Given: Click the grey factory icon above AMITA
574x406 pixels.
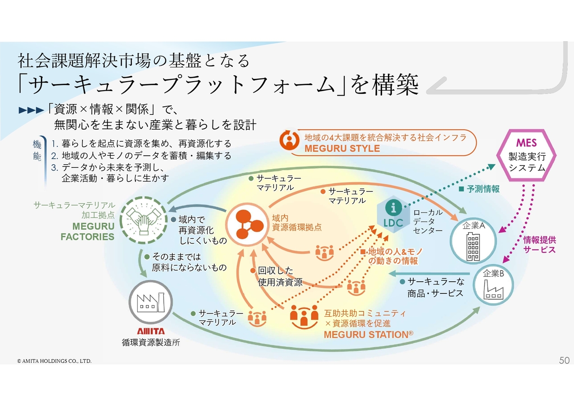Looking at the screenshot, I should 148,301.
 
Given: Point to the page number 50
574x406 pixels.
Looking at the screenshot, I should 564,360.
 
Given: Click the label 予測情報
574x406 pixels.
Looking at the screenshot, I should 482,189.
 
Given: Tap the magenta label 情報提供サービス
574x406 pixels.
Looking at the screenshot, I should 539,245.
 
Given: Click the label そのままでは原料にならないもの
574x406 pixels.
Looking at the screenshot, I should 189,262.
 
